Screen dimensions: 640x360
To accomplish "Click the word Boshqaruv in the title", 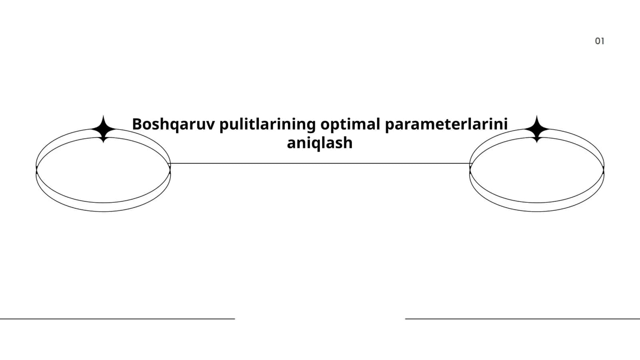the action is point(173,125).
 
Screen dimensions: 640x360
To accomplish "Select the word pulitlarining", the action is point(268,125).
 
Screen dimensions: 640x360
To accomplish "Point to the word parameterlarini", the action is point(446,125).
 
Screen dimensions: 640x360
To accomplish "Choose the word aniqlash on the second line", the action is point(320,143).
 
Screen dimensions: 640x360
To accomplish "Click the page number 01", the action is point(600,41).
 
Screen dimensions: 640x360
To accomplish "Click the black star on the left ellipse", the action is point(104,129).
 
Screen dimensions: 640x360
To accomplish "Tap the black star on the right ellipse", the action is point(537,129).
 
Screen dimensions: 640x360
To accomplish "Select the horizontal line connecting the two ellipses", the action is point(320,164).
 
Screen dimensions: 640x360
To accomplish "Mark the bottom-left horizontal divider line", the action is point(118,319).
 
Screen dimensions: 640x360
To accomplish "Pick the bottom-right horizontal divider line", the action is point(522,319).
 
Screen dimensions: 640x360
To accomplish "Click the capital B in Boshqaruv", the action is point(138,124).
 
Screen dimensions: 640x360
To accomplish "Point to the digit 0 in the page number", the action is point(598,41).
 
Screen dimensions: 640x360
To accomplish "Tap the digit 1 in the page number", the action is point(603,41).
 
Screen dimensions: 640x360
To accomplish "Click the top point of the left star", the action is point(104,116).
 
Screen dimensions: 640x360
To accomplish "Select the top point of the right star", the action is point(537,116).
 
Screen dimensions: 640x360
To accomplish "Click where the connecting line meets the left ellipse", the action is point(170,164).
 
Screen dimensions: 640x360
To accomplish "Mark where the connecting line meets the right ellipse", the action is point(470,164).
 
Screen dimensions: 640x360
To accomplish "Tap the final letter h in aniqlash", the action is point(348,142).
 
